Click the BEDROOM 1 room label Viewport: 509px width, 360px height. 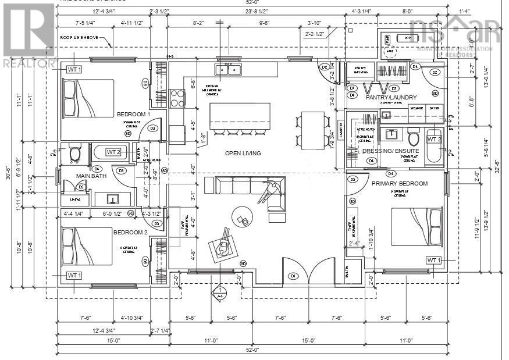(x=133, y=114)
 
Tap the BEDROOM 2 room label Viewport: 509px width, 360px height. (x=131, y=232)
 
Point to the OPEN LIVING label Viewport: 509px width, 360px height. (x=243, y=154)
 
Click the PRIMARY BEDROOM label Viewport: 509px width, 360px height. (x=400, y=183)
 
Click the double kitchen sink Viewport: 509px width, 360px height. (x=229, y=70)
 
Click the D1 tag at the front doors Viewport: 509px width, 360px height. (x=294, y=276)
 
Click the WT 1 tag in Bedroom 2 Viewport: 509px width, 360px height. (x=74, y=275)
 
